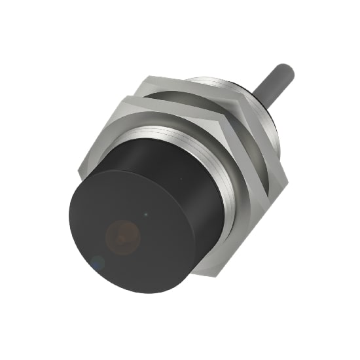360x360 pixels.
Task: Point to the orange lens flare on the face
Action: [124, 234]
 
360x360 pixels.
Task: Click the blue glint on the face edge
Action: [98, 263]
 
